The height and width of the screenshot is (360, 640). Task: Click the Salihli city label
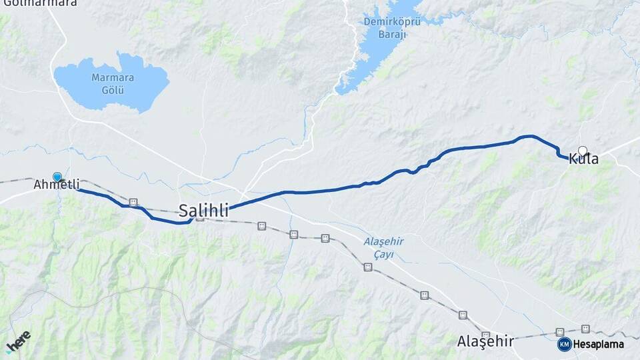[203, 211]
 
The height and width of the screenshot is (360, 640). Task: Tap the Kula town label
[583, 159]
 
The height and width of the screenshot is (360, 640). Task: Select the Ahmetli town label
[57, 185]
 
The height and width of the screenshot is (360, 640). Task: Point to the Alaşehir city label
[485, 341]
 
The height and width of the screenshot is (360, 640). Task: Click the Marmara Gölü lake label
[113, 83]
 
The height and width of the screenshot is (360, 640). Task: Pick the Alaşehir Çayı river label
[379, 247]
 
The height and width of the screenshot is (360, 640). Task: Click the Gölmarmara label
[40, 3]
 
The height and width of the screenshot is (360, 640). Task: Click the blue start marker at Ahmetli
[57, 177]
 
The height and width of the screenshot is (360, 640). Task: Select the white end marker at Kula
[583, 151]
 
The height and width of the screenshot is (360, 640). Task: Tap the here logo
[18, 341]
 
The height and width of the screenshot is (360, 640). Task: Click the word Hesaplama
[599, 344]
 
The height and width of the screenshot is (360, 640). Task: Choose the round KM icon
[564, 344]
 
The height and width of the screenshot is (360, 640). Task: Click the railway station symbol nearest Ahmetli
[133, 202]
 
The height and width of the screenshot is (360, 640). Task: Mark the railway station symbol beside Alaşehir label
[485, 335]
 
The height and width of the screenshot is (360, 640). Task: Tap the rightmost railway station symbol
[585, 329]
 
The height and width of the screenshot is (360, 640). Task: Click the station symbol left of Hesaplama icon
[560, 332]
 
